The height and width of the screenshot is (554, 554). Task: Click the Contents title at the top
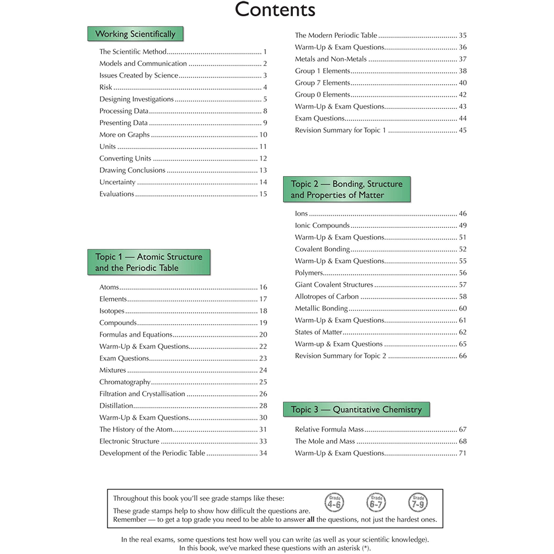pos(275,10)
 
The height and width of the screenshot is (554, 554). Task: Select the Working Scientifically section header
pos(135,34)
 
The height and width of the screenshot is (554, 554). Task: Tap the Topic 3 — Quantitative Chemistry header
pos(356,409)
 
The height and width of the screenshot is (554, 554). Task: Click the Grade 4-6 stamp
pos(334,502)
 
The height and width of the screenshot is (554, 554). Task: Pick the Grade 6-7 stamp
pos(376,502)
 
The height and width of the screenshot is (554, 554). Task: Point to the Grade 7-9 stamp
pos(418,502)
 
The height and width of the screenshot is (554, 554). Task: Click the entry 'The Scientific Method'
pos(133,52)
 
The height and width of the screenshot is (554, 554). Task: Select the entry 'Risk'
pos(105,87)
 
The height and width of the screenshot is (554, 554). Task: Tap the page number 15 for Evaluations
pos(263,194)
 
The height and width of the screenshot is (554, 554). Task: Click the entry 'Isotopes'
pos(112,311)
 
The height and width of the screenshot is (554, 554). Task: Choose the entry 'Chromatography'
pos(125,382)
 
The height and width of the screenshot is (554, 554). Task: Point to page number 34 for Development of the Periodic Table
pos(263,453)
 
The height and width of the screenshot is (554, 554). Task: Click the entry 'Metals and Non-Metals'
pos(331,59)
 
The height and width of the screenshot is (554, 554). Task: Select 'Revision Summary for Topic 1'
pos(340,130)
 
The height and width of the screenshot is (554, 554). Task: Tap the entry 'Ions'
pos(301,214)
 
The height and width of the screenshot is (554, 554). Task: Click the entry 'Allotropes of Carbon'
pos(327,297)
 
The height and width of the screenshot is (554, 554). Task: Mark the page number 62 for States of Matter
pos(463,332)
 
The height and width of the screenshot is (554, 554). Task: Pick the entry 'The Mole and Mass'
pos(325,441)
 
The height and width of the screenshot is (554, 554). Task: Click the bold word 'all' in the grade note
pos(311,520)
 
